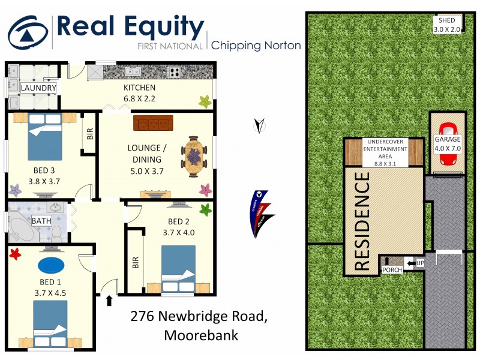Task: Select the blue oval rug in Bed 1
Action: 53,265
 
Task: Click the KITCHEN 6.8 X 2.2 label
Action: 139,94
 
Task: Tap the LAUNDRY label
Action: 38,89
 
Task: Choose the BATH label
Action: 41,221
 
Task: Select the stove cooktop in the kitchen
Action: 175,73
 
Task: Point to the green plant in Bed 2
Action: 206,210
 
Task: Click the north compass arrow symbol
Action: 260,125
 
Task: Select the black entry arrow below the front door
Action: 109,300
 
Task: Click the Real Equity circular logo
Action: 28,33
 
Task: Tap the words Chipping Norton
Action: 256,46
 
